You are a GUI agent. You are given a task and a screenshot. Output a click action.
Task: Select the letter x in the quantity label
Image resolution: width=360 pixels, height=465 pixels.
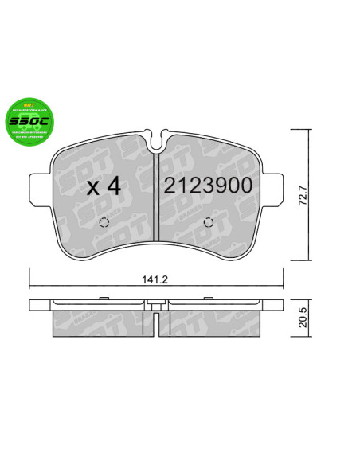pos(92,189)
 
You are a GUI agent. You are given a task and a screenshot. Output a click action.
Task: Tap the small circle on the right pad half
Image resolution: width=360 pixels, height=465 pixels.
pos(209,222)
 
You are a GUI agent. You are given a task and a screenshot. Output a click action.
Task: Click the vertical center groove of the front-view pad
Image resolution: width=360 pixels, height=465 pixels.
pos(157,199)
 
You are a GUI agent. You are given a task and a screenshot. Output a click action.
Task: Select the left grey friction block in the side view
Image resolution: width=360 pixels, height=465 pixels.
pos(100,323)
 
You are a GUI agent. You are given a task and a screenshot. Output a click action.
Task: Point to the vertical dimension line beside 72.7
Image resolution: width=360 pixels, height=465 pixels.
pos(307,195)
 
